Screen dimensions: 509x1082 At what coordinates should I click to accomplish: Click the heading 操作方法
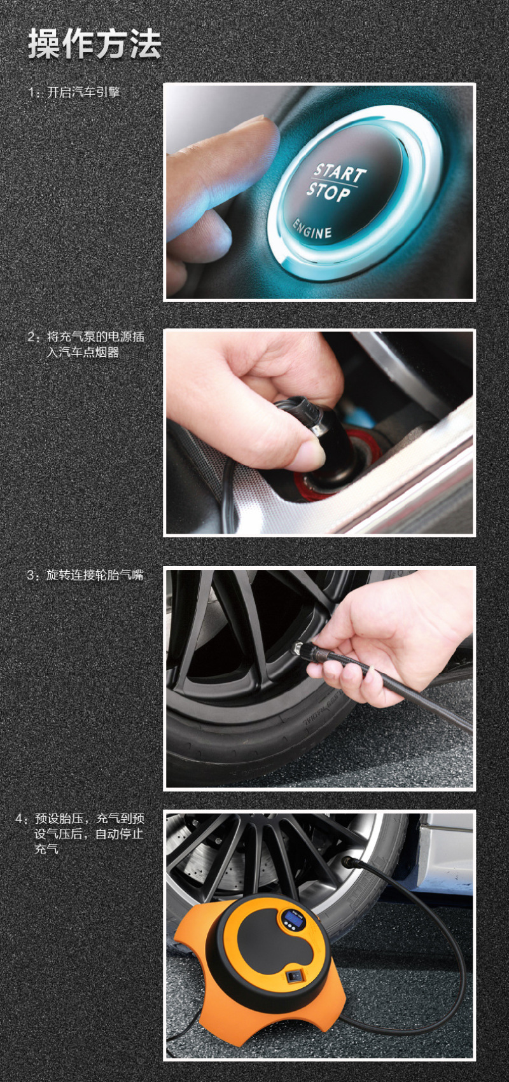point(94,44)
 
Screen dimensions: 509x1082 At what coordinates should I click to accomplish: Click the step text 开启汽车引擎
point(83,92)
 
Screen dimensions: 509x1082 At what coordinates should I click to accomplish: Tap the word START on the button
point(340,172)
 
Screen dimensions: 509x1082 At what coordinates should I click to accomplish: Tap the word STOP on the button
point(328,191)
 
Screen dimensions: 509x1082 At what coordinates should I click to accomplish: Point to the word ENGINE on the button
point(312,229)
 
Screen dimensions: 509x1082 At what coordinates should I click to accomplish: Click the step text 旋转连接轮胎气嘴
point(95,575)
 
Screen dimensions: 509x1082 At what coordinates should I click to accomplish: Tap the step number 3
point(31,575)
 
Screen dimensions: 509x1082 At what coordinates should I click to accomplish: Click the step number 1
point(31,92)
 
